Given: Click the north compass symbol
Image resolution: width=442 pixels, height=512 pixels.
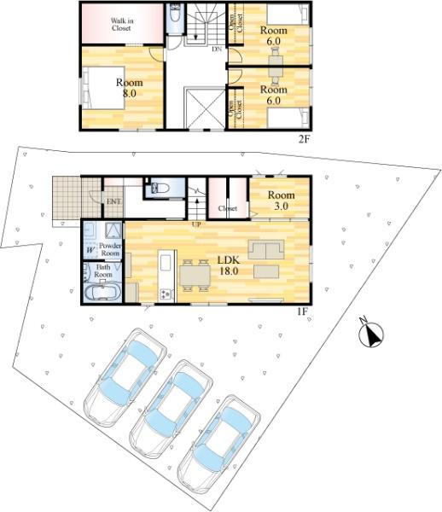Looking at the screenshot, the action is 371,334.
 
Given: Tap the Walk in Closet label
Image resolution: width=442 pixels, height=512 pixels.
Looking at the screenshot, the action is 122,25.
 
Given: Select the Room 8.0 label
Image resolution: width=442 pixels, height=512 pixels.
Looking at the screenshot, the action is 129,88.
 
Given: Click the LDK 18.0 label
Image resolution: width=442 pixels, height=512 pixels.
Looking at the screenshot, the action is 229,265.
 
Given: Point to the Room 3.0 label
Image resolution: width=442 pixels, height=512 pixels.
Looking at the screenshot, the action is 281,201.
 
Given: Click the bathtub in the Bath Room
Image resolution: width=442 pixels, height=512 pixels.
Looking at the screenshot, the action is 102,293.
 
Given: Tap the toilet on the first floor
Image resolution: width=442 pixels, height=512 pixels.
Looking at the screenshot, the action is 160,188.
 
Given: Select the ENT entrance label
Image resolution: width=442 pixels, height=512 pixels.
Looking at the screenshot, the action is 113,201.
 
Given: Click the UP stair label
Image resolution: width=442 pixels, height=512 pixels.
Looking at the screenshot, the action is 196,224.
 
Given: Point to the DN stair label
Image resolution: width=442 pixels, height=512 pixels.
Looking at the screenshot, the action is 217,49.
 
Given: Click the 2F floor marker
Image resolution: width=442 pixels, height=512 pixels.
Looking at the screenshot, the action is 303,139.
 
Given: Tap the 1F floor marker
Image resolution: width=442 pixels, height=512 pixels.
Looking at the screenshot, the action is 302,311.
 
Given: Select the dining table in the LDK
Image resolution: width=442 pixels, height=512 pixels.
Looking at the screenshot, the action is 195,275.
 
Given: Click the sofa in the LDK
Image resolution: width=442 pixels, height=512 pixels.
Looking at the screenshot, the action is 266,250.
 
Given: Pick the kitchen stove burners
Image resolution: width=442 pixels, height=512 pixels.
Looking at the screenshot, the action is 166,294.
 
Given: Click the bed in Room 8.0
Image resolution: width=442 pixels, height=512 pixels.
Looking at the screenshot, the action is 103,88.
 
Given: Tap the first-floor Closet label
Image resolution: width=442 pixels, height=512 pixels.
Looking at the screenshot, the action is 228,208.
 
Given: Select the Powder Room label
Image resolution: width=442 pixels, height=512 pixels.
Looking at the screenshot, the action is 110,249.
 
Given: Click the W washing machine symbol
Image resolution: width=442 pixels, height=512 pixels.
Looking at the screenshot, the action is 90,250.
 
